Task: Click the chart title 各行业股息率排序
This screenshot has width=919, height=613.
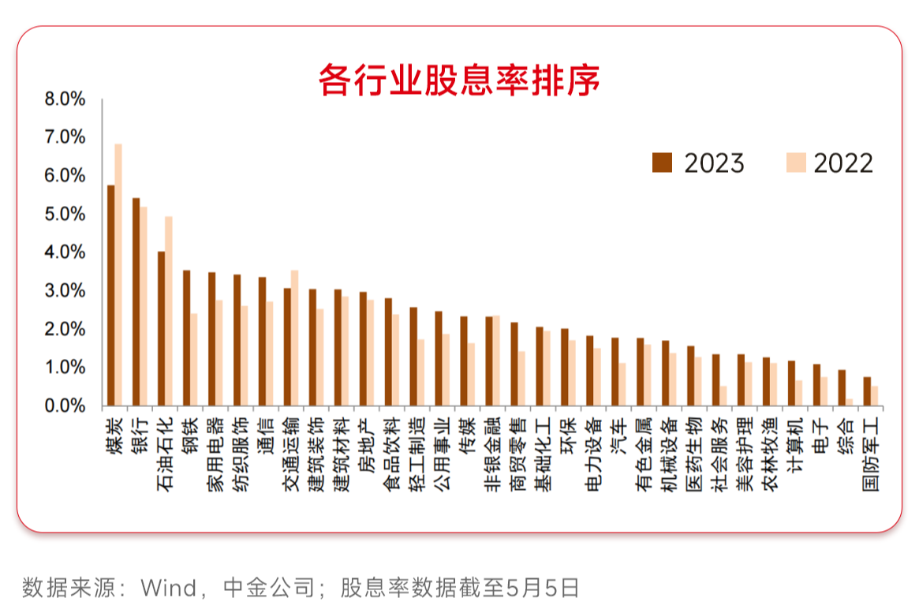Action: (x=459, y=79)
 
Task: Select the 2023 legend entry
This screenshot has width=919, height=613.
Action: (x=698, y=163)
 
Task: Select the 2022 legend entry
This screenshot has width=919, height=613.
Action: (x=828, y=163)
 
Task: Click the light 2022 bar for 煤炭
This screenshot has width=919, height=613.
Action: (x=118, y=276)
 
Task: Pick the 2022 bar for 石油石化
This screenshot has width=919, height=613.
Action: (x=169, y=312)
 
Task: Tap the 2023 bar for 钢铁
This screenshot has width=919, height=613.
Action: (x=186, y=338)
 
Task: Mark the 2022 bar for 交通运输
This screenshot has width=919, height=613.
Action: (x=294, y=338)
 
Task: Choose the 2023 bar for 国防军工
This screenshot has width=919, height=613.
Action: (x=867, y=391)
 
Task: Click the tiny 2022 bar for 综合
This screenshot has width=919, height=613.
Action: (x=850, y=402)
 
